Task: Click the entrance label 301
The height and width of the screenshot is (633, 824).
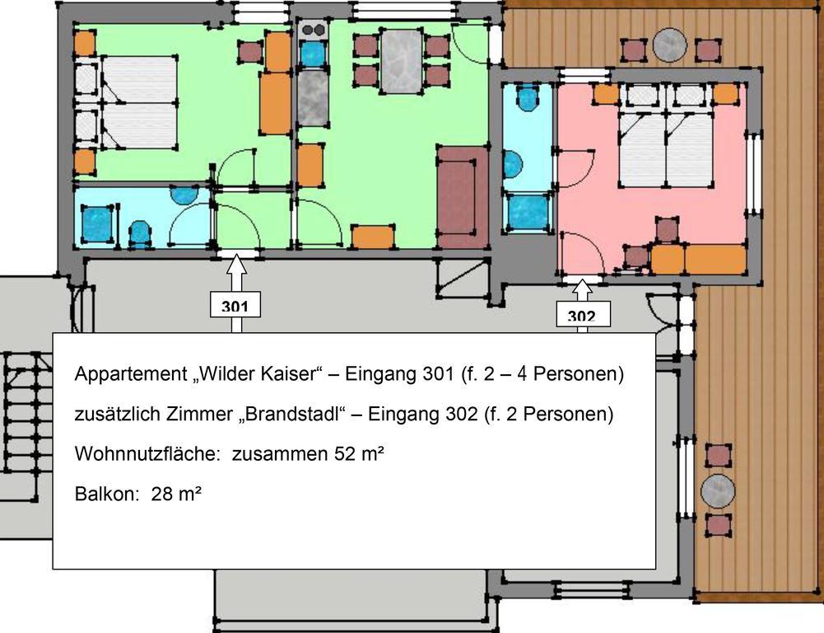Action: tap(235, 307)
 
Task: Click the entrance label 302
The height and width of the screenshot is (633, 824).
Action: tap(582, 316)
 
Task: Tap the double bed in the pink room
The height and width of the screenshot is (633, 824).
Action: tap(665, 148)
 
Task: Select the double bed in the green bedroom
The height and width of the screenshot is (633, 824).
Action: tap(137, 103)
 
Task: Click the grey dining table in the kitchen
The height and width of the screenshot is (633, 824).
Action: tap(402, 61)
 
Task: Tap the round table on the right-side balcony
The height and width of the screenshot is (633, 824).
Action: tap(717, 491)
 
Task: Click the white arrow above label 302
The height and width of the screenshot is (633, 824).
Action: tap(582, 289)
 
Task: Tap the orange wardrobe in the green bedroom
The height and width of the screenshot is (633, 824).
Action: tap(275, 92)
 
